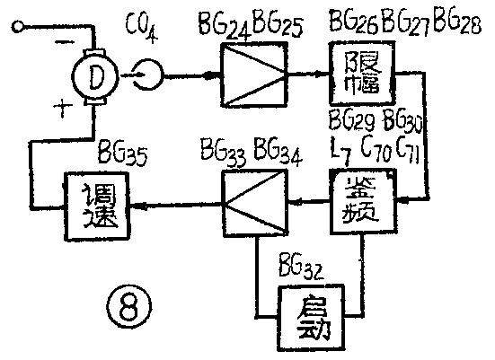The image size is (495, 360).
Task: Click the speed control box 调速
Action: click(95, 206)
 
